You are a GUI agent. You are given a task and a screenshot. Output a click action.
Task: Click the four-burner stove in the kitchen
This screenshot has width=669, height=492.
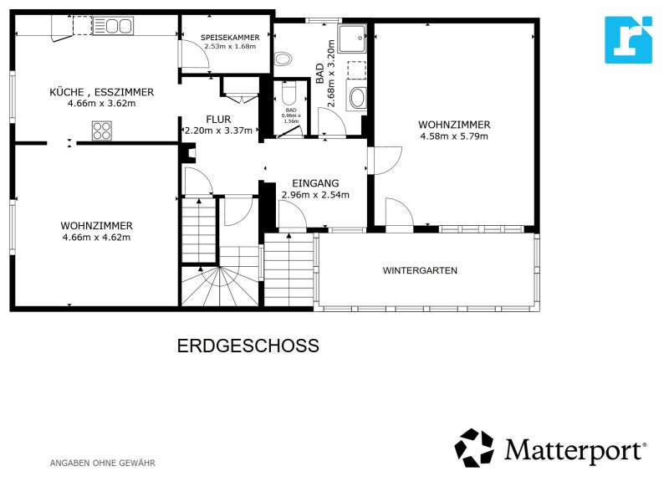coord(102,131)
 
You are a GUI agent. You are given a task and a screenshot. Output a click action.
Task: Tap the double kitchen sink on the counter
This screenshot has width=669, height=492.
coord(112,28)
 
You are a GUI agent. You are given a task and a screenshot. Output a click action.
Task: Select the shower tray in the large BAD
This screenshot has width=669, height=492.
coord(351,38)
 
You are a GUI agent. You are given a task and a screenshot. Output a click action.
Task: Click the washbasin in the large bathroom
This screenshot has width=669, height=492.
coord(357,98)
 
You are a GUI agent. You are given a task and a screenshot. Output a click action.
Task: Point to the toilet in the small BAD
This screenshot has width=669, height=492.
coord(291,94)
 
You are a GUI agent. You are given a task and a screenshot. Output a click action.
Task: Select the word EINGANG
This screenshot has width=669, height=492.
coord(314,182)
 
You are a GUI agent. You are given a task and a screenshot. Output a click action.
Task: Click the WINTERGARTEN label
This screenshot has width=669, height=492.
coord(420,270)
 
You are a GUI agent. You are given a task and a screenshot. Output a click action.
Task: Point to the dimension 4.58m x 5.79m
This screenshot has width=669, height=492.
coord(453,136)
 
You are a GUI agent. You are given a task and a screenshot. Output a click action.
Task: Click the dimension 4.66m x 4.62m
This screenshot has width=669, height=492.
coord(96,237)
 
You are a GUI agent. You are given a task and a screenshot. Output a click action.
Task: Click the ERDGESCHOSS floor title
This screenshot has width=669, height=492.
coord(248,345)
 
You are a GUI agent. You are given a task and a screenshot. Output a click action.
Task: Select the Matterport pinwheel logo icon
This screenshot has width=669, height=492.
coord(474,448)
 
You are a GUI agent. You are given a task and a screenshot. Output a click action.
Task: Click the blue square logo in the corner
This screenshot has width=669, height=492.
coord(628,39)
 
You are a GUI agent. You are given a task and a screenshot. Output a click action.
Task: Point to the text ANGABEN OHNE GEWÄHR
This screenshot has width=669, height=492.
coord(103,463)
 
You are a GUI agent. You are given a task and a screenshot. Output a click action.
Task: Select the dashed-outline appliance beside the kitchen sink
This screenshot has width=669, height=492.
coord(83,28)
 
